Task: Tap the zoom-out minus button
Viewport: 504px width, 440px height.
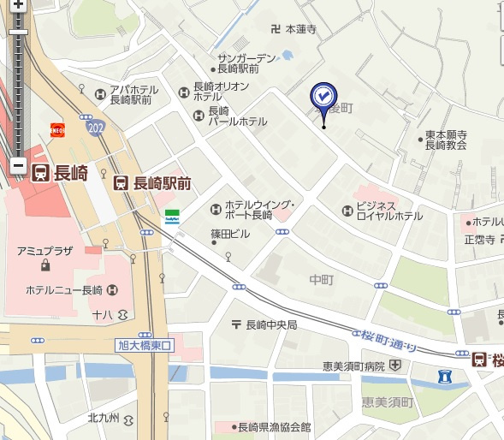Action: point(18,166)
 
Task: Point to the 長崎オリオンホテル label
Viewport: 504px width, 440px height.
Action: point(221,92)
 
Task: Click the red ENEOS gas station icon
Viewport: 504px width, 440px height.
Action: point(58,130)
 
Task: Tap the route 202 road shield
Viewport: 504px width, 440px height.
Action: point(94,128)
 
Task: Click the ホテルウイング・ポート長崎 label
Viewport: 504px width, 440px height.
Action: point(259,210)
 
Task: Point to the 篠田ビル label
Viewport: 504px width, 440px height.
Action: point(230,234)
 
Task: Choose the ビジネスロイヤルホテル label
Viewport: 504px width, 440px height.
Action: point(390,211)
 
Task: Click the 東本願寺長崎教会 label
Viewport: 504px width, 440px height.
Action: point(445,140)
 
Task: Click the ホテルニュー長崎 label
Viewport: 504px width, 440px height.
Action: point(64,289)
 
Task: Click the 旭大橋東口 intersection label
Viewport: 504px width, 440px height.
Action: point(144,345)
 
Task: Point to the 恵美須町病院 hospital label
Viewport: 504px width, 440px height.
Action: point(353,366)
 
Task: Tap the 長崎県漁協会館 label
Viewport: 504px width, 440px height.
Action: point(274,427)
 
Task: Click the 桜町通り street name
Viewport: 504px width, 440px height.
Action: point(387,340)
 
